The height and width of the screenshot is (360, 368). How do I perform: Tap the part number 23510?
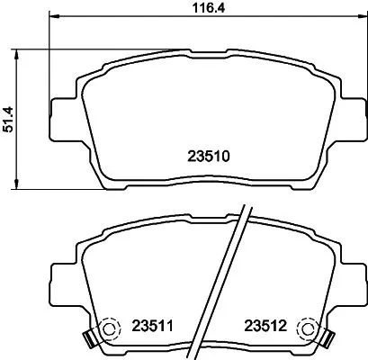(x=210, y=155)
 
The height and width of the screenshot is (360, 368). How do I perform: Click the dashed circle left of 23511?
(x=108, y=328)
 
